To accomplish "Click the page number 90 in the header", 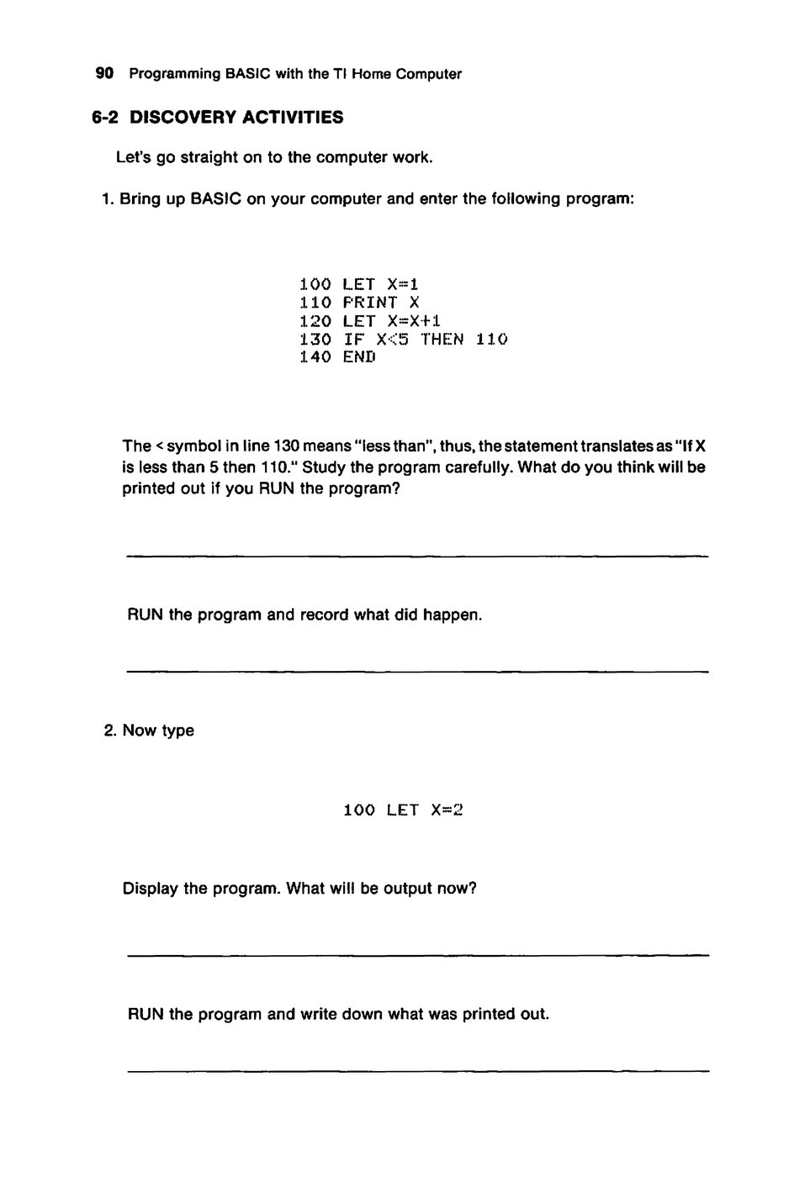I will [x=104, y=74].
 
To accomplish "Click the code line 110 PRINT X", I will [x=359, y=303].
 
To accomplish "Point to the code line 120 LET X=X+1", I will [x=370, y=321].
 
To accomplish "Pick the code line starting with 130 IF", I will [x=404, y=340].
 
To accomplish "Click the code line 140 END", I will [x=337, y=357].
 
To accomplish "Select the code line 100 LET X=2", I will [x=404, y=810].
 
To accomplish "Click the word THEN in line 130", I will [x=442, y=340].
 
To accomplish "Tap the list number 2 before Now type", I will [x=109, y=731].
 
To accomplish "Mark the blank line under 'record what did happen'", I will [x=417, y=671].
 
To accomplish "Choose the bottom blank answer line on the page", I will [x=417, y=1070].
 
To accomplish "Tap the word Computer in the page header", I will [x=430, y=74].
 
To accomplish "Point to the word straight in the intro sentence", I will [x=210, y=158].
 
